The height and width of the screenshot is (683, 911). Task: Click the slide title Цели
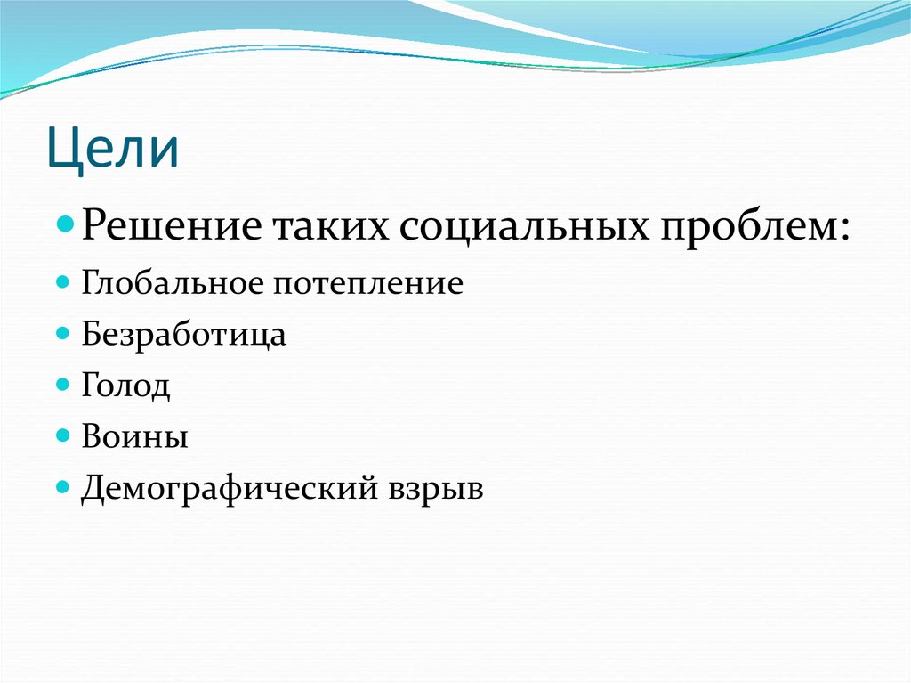click(x=113, y=149)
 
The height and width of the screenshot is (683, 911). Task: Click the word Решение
click(x=169, y=228)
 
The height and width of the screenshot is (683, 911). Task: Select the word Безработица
click(x=184, y=335)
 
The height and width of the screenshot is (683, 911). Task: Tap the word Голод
click(x=125, y=386)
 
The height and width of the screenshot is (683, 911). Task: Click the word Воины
click(x=134, y=437)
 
